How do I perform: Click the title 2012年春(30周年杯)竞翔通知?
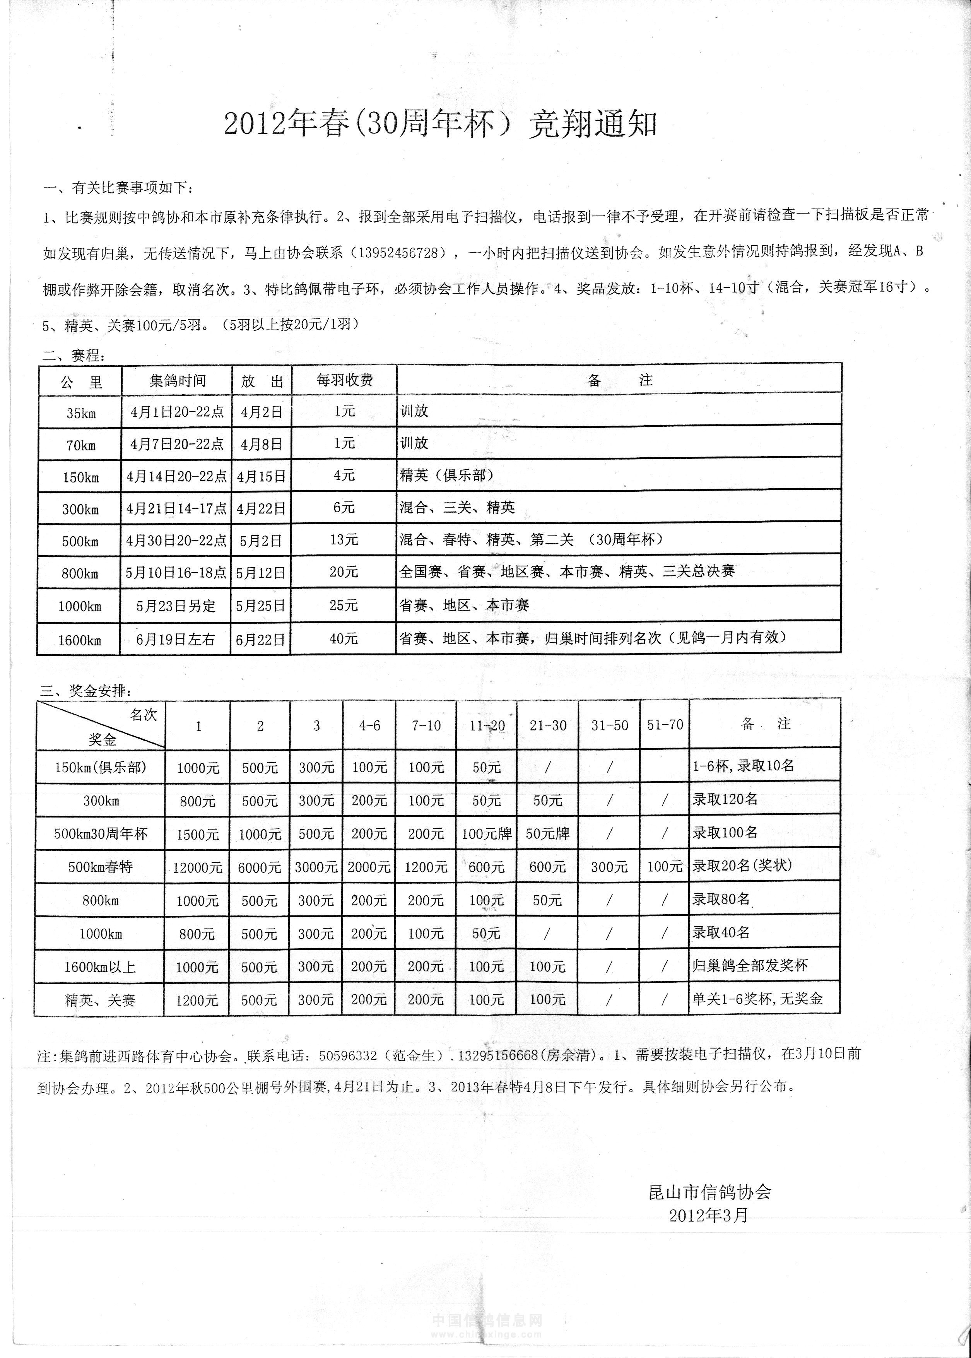pos(441,124)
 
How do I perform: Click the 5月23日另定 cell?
pos(176,606)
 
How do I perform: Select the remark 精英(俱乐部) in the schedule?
pos(447,475)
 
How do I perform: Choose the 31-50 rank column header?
pos(609,725)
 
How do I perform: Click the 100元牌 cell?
pos(487,834)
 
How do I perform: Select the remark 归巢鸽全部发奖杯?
pos(750,966)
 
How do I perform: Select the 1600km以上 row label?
pos(100,967)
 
